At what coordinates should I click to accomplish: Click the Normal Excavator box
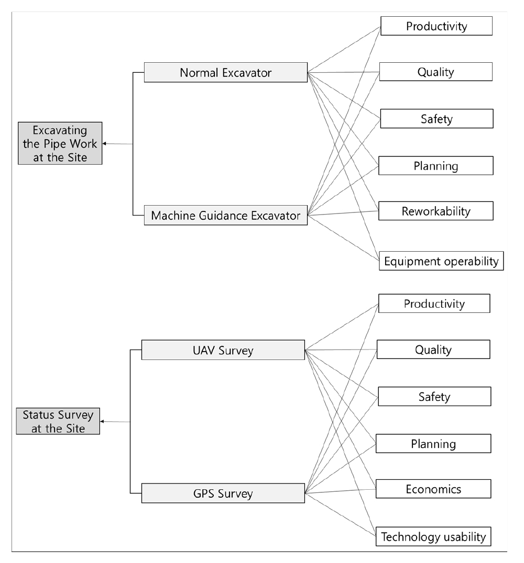(226, 73)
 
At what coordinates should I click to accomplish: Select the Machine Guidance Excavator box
(226, 215)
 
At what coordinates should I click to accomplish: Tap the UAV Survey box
(223, 350)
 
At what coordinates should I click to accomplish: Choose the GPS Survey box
(223, 493)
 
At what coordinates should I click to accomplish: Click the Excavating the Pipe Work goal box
(60, 143)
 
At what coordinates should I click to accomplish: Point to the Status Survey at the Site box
(58, 421)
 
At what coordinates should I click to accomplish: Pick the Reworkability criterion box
(436, 211)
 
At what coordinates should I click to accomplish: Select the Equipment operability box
(441, 261)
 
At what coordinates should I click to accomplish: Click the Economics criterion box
(433, 489)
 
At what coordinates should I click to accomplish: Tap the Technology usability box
(433, 536)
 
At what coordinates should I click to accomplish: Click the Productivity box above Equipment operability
(436, 26)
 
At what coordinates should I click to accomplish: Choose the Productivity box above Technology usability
(434, 303)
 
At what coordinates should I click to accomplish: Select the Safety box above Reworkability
(436, 118)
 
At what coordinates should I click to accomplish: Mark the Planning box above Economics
(433, 443)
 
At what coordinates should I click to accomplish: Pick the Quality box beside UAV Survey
(433, 350)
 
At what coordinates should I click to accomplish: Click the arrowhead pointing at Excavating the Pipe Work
(104, 143)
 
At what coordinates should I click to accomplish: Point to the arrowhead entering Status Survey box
(102, 421)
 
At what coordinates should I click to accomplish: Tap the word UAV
(204, 350)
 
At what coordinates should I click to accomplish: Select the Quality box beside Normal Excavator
(436, 72)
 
